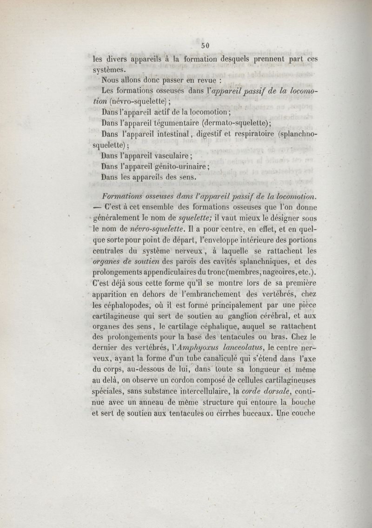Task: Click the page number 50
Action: [x=205, y=46]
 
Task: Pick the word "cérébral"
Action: [x=264, y=316]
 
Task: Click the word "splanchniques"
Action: [x=249, y=261]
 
